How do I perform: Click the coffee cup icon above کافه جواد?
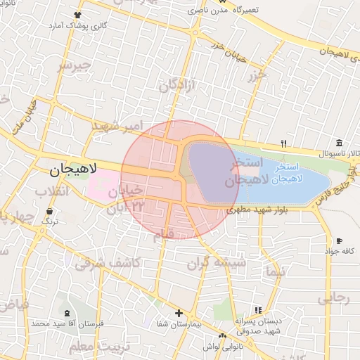click(x=340, y=240)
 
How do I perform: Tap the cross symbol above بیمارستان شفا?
click(x=179, y=314)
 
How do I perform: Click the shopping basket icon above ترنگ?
click(x=49, y=211)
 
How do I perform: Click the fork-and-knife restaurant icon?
click(x=284, y=143)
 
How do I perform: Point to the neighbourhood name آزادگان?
click(x=175, y=86)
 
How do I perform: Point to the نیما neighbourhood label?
click(x=275, y=269)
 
